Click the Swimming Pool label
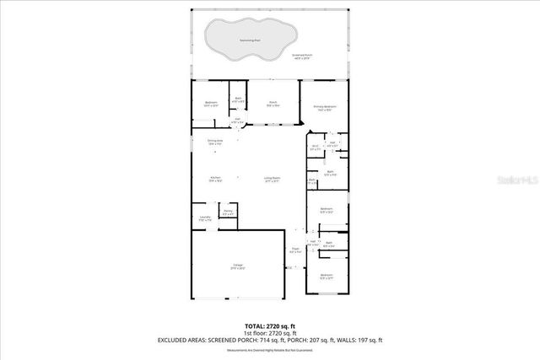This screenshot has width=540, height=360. coord(250,40)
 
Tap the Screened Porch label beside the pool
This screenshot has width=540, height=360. coord(302,56)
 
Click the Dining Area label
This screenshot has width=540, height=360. coord(215,142)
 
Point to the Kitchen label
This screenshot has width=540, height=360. coord(215,178)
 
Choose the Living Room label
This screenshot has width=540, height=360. coord(272,178)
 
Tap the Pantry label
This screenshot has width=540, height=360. coord(228,212)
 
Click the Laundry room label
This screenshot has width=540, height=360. coord(204,219)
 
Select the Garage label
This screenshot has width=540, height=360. coord(238,266)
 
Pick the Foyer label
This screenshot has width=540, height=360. coord(295,250)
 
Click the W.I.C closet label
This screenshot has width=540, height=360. coord(315,148)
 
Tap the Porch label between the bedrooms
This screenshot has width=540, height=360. coord(273,103)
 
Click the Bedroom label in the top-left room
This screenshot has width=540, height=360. coord(211,104)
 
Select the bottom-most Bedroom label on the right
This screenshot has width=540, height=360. coord(326,277)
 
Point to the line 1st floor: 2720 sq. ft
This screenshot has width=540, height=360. coord(270,333)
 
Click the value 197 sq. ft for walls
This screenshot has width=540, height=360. coord(368,341)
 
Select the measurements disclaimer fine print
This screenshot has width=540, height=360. coord(270,350)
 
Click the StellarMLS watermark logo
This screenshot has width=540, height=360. coord(516,180)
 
